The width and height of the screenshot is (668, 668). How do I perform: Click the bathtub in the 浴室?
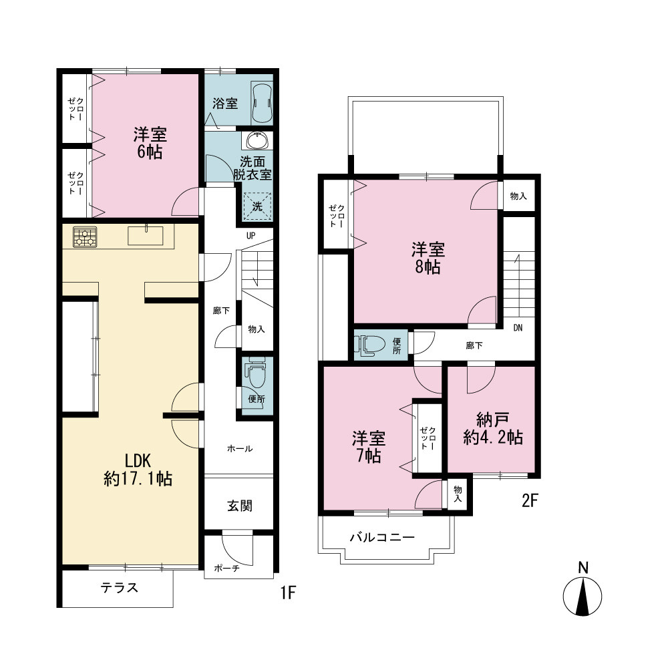[x=262, y=103]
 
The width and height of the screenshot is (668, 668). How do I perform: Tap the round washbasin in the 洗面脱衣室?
[x=257, y=140]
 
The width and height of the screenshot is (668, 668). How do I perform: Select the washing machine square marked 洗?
[x=257, y=206]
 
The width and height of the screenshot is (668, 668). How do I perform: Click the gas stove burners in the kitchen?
[x=85, y=237]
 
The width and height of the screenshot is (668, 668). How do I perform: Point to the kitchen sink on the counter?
[x=146, y=235]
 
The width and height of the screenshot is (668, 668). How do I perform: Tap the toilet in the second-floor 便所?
[x=371, y=344]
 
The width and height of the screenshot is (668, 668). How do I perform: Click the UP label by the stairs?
[x=251, y=236]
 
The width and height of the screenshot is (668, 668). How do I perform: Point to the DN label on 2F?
[x=518, y=327]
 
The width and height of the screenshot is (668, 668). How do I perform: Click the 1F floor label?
[x=288, y=593]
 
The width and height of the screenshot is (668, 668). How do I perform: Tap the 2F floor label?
[x=530, y=500]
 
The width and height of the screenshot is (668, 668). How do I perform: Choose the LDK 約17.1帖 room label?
[x=138, y=470]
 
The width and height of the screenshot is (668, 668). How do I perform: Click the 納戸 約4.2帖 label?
[x=493, y=429]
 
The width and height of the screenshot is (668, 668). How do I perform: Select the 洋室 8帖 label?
[x=428, y=258]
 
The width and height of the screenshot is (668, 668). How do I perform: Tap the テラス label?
[x=120, y=587]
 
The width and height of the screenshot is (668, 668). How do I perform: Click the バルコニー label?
[x=382, y=537]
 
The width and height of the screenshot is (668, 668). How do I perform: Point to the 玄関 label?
[x=239, y=506]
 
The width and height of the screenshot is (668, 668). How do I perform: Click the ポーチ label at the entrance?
[x=226, y=568]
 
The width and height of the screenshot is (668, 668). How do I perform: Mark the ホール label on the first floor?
[x=240, y=448]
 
